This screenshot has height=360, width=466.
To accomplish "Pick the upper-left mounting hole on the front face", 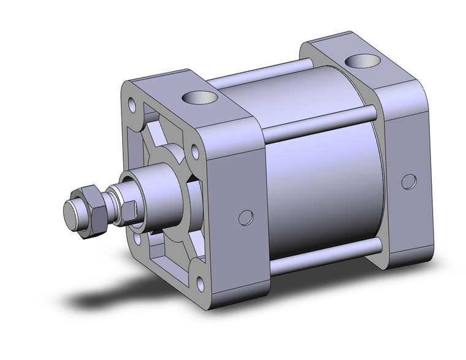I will point(132,104).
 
